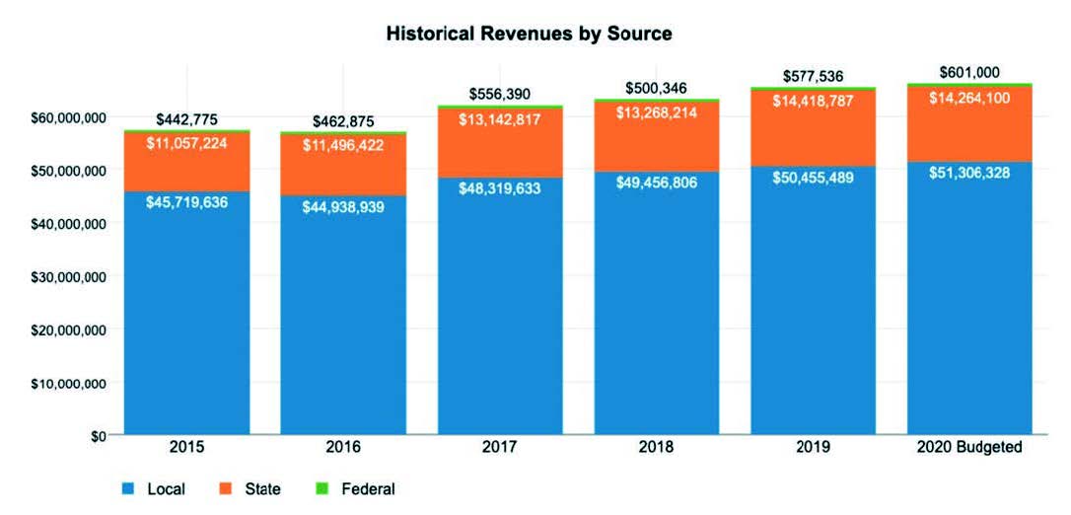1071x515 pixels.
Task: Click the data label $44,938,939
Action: [x=343, y=208]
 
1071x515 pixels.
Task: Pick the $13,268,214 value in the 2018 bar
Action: [x=656, y=111]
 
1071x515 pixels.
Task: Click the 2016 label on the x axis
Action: [x=343, y=447]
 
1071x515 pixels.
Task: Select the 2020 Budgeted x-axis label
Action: [x=969, y=447]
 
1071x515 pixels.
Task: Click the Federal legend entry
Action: [x=367, y=488]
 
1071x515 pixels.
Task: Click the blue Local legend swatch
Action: [x=128, y=488]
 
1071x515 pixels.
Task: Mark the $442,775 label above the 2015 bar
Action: [x=186, y=119]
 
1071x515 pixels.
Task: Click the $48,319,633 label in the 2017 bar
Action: [x=500, y=189]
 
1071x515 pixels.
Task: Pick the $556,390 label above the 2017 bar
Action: [x=500, y=94]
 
